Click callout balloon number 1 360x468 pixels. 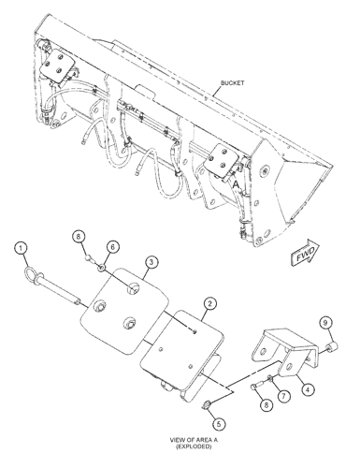point(21,249)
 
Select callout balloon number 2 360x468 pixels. point(210,303)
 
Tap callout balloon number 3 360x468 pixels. point(151,262)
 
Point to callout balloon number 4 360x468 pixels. point(308,389)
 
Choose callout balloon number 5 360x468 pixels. point(219,424)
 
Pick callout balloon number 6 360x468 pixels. point(113,247)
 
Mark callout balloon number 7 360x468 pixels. point(283,397)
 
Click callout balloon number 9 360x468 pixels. point(325,323)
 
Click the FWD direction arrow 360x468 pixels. point(306,253)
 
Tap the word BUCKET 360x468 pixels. point(233,83)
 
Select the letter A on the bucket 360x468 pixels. point(237,184)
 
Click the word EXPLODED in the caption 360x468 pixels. point(194,446)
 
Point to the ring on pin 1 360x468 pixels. point(31,272)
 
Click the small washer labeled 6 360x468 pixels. point(102,267)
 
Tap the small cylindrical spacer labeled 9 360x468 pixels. point(333,347)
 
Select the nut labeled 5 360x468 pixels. point(206,405)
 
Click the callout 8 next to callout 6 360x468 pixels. point(79,236)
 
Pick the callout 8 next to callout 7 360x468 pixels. point(266,405)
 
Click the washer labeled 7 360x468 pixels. point(270,379)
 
